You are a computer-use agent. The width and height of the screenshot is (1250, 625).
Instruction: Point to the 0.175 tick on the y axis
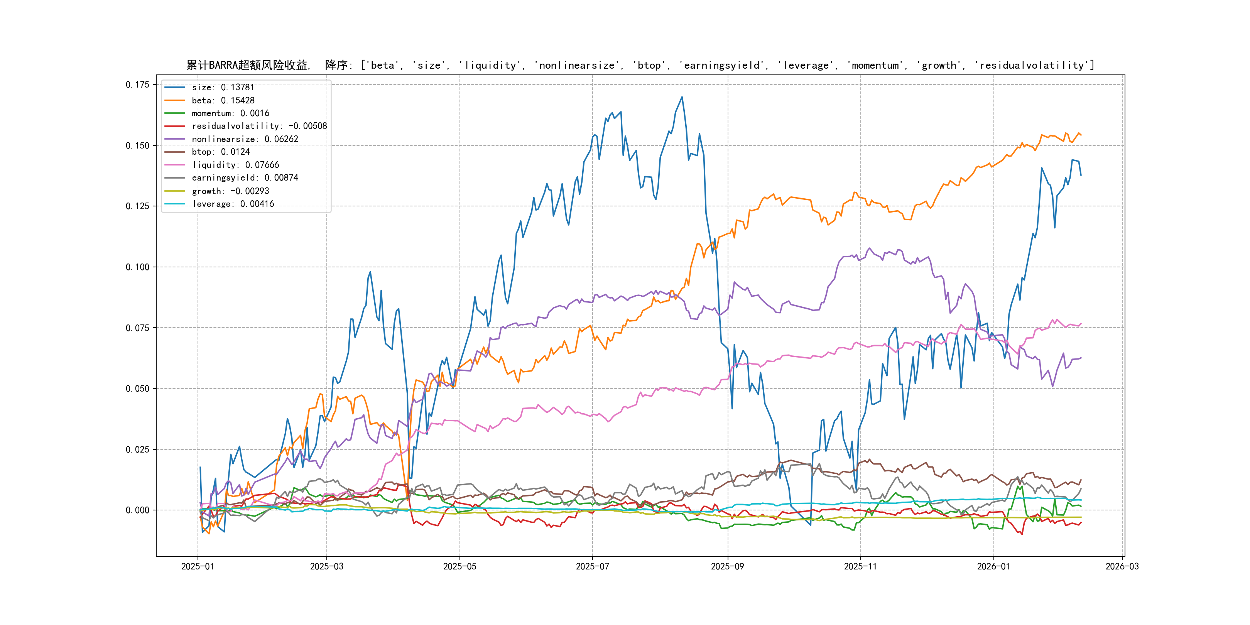[x=137, y=85]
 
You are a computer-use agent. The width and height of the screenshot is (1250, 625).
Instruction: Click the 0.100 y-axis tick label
[x=137, y=267]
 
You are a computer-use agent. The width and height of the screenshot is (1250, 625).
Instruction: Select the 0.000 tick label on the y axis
[x=137, y=510]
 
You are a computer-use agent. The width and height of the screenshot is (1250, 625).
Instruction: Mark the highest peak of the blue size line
[x=682, y=97]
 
